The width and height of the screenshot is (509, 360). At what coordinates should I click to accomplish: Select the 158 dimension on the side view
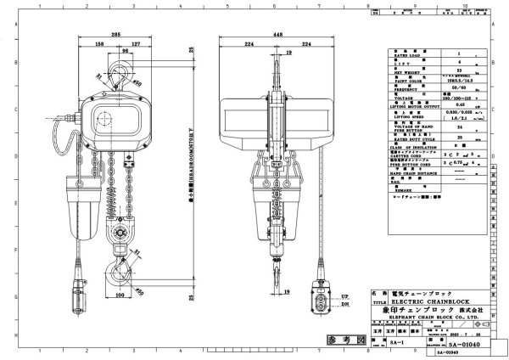[100, 43]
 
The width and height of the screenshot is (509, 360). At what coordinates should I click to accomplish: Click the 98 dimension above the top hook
[126, 53]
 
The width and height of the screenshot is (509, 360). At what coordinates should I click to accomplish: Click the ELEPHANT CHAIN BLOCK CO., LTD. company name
[433, 316]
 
